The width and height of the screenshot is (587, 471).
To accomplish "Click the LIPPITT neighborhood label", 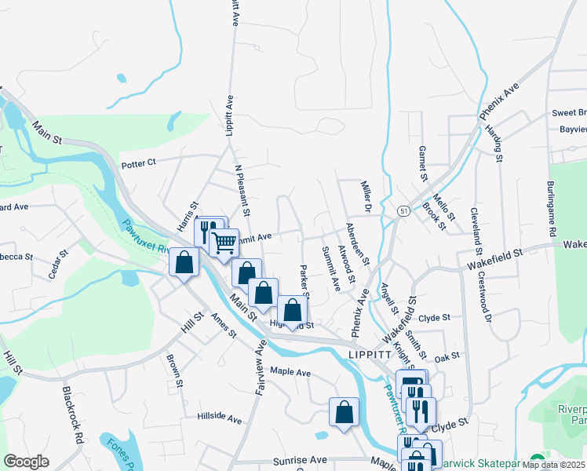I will (369, 355).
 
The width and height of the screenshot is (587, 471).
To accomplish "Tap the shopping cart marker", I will (224, 243).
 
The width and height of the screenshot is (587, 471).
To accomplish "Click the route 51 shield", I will (403, 211).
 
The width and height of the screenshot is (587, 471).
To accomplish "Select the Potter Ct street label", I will (140, 164).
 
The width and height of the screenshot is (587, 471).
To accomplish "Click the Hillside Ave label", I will (220, 418).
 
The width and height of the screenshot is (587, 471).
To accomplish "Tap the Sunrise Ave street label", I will (299, 460).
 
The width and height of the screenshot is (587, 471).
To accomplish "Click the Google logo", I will (27, 462).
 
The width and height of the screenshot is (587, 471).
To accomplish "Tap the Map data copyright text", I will (555, 465).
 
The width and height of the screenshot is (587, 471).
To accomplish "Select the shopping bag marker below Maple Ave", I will (344, 412).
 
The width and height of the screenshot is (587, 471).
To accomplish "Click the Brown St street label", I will (174, 371).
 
